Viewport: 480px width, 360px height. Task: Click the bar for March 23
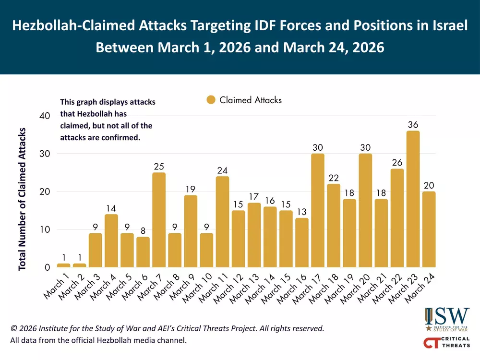point(413,199)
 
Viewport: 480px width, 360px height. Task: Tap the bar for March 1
point(63,265)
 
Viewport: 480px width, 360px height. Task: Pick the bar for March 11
point(222,222)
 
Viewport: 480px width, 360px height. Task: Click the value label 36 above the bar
point(413,125)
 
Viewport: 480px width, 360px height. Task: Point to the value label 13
point(301,212)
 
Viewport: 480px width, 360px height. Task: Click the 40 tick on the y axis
point(44,116)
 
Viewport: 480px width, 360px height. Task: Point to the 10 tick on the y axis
point(44,229)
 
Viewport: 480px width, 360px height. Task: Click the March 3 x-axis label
point(87,288)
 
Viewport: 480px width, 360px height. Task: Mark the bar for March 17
point(317,210)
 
